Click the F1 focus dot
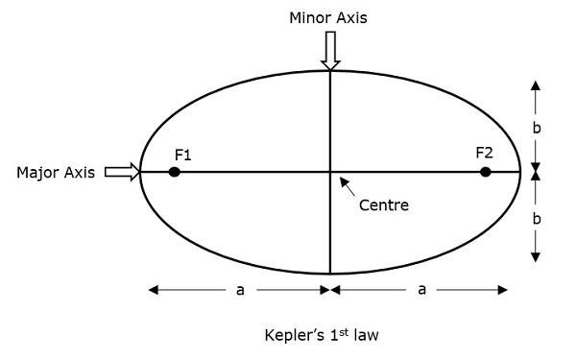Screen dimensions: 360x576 tap(174, 172)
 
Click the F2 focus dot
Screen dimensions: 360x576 tap(486, 172)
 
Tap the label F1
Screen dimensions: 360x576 tap(183, 154)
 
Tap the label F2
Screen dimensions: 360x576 tap(484, 153)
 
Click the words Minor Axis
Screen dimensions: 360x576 tap(329, 17)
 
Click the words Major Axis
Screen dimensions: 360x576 tap(56, 173)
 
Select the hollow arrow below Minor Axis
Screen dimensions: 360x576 tap(330, 50)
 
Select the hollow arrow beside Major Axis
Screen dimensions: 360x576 tap(122, 172)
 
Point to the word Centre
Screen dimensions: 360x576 tap(383, 204)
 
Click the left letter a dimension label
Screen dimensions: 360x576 tap(240, 290)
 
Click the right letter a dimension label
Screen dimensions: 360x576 tap(421, 290)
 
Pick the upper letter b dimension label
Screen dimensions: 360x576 tap(537, 125)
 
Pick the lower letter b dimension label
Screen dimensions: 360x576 tap(537, 219)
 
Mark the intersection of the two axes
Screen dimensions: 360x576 tap(330, 172)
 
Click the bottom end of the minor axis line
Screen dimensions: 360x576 tap(330, 274)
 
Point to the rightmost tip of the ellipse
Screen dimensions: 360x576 tap(520, 172)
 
